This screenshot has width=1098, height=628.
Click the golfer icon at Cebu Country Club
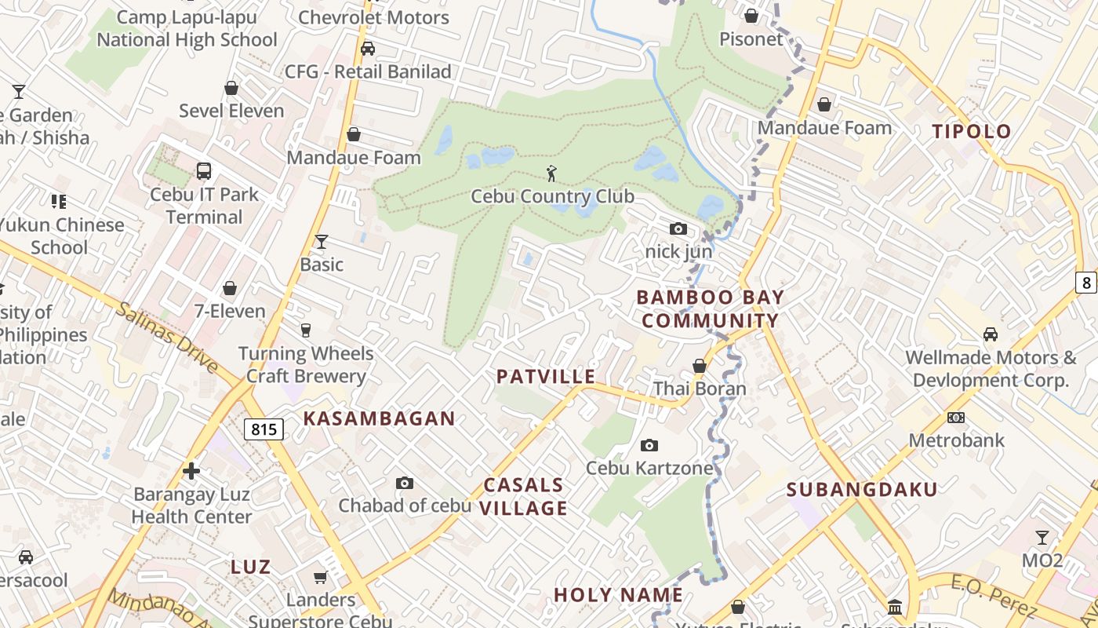coord(552,173)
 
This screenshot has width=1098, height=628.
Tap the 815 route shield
coord(264,429)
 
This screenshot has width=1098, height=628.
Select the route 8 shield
coord(1086,283)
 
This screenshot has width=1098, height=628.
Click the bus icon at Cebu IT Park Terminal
coord(204,170)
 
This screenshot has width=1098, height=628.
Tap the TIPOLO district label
coord(972,131)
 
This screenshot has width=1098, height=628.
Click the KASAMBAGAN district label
coord(379,418)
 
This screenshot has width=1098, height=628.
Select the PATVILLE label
coord(546,377)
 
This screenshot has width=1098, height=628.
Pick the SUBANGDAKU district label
coord(862,490)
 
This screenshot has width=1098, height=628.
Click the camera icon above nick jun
coord(678,228)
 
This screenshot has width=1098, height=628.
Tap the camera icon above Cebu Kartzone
coord(649,445)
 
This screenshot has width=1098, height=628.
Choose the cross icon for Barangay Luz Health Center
coord(191,471)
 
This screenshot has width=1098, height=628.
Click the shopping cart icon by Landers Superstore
coord(320,578)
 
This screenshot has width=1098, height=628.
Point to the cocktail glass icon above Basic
coord(321,241)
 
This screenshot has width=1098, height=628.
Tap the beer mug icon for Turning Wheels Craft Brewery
coord(306,330)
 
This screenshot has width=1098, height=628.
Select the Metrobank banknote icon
coord(956,417)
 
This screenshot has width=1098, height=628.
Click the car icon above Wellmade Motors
coord(991,334)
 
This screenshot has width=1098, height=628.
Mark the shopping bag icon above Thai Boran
coord(700,366)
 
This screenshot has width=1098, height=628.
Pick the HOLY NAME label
coord(619,595)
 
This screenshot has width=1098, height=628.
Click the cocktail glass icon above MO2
coord(1042,538)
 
